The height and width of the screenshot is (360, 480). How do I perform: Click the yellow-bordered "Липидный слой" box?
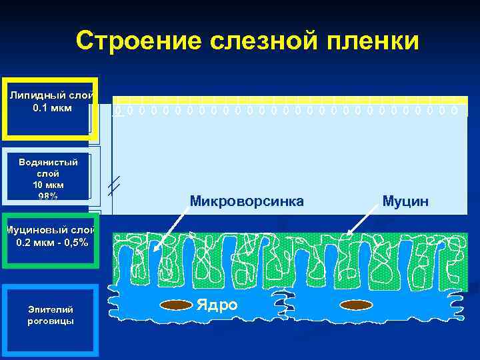click(x=51, y=109)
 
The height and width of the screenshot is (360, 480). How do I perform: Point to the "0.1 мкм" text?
click(x=52, y=107)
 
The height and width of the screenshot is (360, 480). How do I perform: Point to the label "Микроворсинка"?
click(x=247, y=200)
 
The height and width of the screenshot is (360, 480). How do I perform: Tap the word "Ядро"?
click(x=217, y=305)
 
